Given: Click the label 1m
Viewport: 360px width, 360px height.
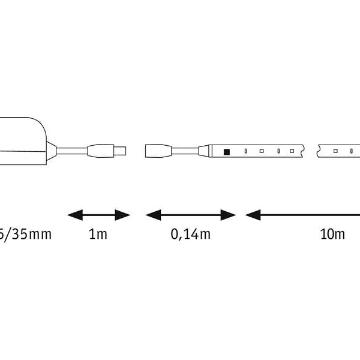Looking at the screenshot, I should [x=98, y=234].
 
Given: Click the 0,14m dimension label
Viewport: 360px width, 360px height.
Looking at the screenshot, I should [x=191, y=234].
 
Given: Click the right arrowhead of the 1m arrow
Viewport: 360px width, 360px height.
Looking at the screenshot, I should [x=125, y=214].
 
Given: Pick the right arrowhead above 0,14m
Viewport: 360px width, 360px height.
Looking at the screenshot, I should [x=230, y=214].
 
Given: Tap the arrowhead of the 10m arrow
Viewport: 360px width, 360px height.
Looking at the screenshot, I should [x=251, y=214].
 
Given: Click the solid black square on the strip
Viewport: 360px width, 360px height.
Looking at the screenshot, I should [x=227, y=151].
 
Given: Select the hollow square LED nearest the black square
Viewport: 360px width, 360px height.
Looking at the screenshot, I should [x=262, y=151].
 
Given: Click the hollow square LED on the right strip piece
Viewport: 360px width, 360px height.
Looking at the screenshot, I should [x=336, y=151].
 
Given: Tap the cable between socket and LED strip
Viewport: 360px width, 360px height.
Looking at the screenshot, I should [x=186, y=151].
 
